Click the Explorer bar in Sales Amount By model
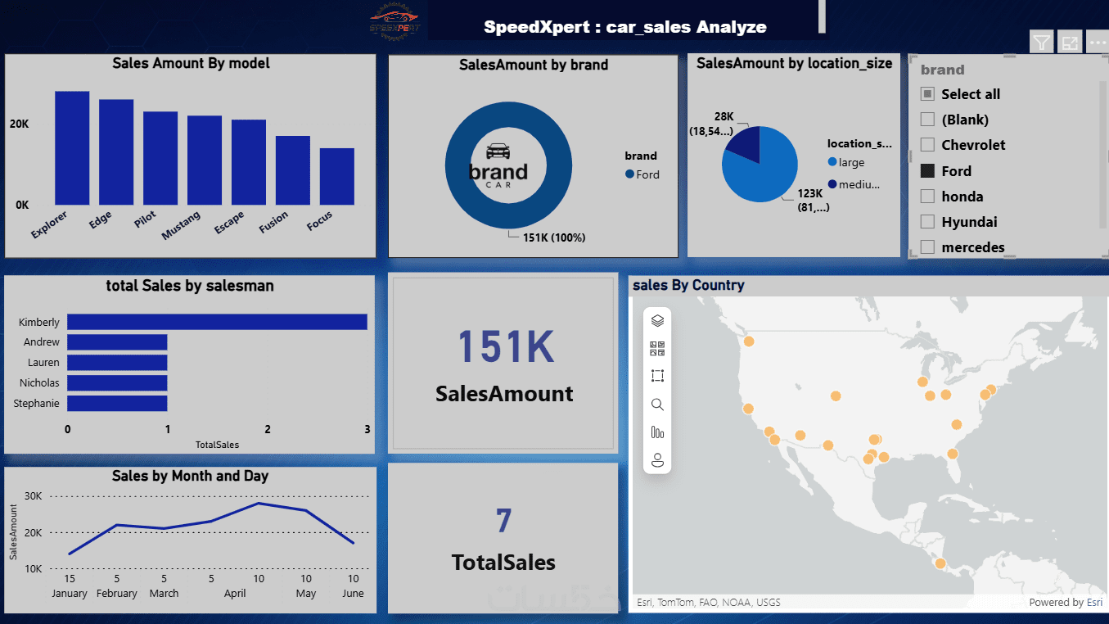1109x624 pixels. [72, 147]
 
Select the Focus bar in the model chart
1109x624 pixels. [337, 176]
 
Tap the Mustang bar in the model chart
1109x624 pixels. [205, 160]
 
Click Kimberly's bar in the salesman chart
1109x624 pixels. [217, 322]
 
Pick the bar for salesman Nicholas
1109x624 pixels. [117, 382]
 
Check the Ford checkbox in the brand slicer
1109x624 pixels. [927, 171]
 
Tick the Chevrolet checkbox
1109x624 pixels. [927, 145]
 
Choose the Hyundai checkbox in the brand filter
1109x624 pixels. [927, 222]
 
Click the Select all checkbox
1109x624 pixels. [927, 94]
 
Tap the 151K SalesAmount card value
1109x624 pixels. [505, 346]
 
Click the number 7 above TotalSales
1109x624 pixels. [503, 522]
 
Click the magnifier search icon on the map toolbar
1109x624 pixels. [657, 405]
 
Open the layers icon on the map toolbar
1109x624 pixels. [657, 321]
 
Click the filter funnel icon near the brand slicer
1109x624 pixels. [1041, 43]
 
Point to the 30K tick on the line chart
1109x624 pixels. [34, 496]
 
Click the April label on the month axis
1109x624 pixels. [235, 594]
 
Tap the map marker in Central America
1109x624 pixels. [940, 563]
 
